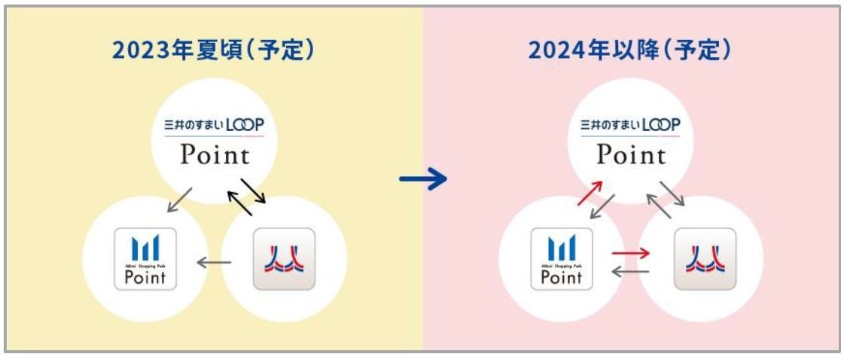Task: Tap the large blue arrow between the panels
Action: (422, 179)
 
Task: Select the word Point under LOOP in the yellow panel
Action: (214, 155)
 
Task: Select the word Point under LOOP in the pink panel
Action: (631, 154)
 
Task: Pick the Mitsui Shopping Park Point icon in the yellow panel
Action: (145, 259)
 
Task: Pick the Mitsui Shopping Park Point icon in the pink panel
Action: (562, 259)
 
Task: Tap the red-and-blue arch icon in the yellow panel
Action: (284, 259)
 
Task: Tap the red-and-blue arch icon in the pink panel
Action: (704, 259)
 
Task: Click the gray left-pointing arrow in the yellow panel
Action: (214, 262)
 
